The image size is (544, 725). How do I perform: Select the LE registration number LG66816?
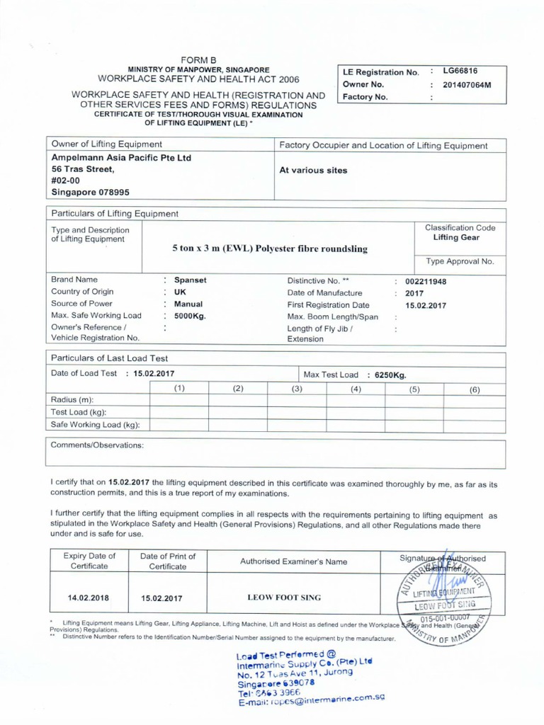coord(460,72)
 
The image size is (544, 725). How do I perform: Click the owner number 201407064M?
coord(467,85)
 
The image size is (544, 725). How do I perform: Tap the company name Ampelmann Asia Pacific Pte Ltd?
coord(121,158)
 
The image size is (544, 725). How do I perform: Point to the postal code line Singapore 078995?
coord(91,192)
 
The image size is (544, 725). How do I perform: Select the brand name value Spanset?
coord(191,280)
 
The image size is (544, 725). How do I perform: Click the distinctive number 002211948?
coord(426,281)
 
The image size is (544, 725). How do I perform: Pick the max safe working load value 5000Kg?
coord(190,316)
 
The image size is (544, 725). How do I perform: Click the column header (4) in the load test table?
coord(356,389)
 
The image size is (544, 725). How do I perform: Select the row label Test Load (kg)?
coord(79,412)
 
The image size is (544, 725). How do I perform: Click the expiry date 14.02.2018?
coord(88,598)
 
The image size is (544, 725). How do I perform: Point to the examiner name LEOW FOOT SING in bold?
coord(284,598)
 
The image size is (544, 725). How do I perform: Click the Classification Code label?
coord(460,228)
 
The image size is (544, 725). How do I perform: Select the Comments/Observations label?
coord(97,445)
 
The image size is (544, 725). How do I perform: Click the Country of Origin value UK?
coord(180,292)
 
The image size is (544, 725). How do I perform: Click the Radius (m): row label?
coord(72,400)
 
